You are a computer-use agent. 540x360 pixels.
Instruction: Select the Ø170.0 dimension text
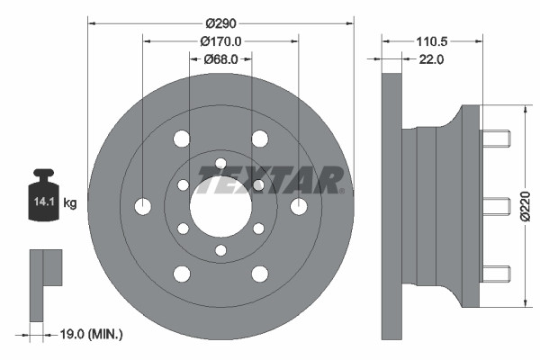(221, 40)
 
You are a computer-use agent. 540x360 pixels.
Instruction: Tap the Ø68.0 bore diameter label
(220, 59)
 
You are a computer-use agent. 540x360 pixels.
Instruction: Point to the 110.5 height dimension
(431, 40)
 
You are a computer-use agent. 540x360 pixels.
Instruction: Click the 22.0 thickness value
(431, 59)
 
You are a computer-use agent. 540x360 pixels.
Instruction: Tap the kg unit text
(70, 203)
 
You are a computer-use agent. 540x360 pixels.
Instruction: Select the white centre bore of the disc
(220, 206)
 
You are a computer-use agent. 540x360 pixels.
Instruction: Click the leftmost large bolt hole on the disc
(143, 206)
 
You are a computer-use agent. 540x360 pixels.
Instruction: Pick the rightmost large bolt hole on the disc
(298, 206)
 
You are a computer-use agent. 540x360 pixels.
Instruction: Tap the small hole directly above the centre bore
(220, 163)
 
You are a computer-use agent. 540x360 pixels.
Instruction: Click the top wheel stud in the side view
(495, 139)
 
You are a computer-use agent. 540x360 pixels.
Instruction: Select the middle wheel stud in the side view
(495, 206)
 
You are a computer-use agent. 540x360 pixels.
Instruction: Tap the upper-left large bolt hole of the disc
(182, 139)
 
